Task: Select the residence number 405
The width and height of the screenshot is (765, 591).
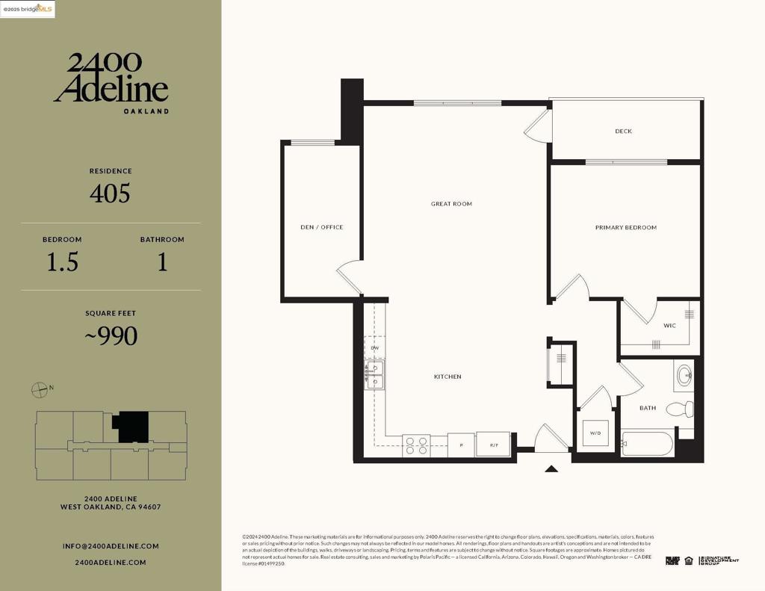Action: click(x=110, y=194)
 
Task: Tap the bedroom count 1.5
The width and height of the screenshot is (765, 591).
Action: click(x=62, y=262)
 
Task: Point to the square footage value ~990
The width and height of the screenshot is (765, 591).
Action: click(x=111, y=336)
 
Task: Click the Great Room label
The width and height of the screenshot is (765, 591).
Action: click(x=451, y=204)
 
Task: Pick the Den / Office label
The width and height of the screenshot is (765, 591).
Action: click(x=321, y=227)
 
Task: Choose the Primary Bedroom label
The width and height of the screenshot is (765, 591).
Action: click(x=625, y=227)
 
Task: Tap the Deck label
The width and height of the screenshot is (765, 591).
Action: click(x=623, y=131)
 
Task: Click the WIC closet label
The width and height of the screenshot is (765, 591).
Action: click(x=669, y=325)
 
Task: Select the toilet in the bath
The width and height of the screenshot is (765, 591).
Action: click(x=681, y=409)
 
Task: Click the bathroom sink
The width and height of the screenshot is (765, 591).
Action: click(x=684, y=375)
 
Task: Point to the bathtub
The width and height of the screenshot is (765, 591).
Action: click(x=648, y=444)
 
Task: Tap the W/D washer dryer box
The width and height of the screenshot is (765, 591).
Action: click(x=595, y=433)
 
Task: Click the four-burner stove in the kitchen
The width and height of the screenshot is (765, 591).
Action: click(x=415, y=445)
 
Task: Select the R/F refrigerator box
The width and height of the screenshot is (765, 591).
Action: click(x=494, y=445)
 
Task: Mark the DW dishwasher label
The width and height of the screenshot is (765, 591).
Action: click(x=375, y=348)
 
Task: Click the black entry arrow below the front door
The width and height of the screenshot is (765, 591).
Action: click(x=551, y=469)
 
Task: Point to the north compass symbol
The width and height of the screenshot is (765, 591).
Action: click(x=40, y=389)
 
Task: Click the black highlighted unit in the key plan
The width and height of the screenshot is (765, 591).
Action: click(x=131, y=426)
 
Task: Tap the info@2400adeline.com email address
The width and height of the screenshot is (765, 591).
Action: click(x=111, y=546)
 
